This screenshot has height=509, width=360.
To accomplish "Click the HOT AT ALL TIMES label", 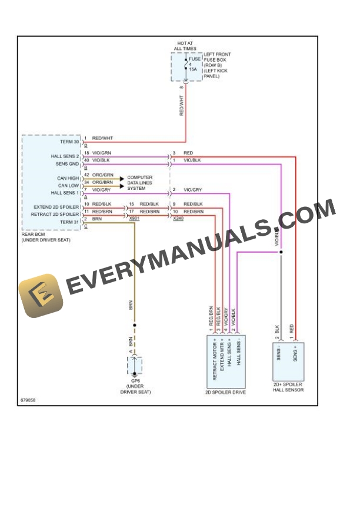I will click(186, 45).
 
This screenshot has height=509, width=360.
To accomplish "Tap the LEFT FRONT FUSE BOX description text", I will click(217, 65).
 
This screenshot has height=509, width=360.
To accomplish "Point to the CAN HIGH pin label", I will click(68, 178).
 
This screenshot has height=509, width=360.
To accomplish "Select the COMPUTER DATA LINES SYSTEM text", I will click(139, 183).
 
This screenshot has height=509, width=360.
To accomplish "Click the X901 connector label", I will click(134, 218).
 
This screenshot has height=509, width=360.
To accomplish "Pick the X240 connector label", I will click(178, 218).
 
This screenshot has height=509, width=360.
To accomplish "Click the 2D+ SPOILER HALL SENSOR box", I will click(288, 361).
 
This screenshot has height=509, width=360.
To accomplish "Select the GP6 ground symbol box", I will click(135, 366).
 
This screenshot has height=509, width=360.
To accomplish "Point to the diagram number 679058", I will click(27, 401).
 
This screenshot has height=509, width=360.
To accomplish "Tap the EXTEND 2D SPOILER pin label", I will click(56, 207).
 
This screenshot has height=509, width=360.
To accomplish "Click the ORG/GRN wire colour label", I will click(103, 175).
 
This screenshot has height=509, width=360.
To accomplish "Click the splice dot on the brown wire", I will click(135, 325).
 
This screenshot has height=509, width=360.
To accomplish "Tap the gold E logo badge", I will click(41, 294).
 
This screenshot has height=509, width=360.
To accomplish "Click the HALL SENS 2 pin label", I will click(65, 156).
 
